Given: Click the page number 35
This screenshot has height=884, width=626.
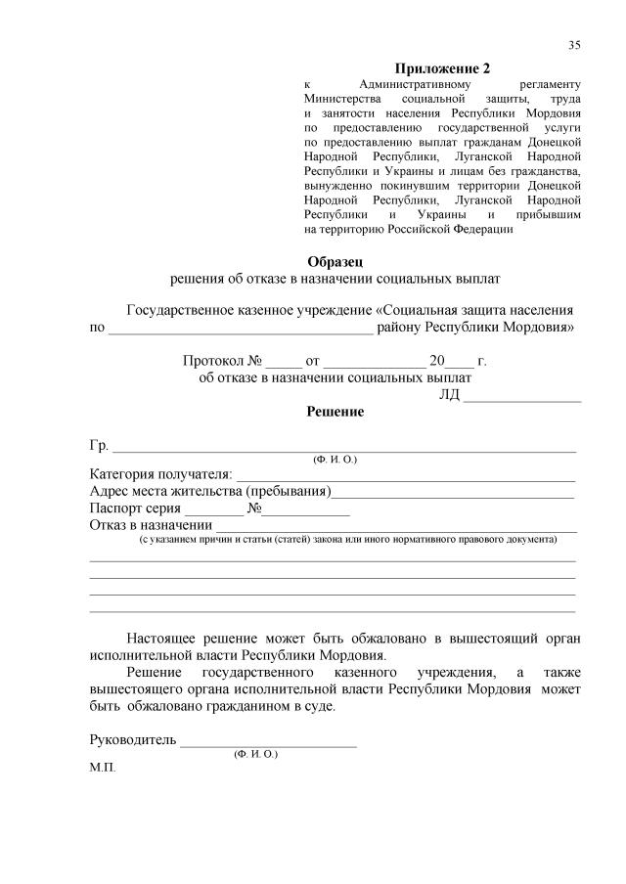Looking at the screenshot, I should coord(574,45).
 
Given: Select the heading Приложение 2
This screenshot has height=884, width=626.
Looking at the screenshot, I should coord(441,68).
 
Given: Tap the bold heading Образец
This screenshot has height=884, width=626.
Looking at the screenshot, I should coord(335,261).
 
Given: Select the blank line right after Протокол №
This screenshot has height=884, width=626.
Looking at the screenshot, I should coord(284,362).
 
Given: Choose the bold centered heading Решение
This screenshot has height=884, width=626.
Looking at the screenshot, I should coord(335,412).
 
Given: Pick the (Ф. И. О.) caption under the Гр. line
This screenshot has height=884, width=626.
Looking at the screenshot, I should coord(335,460).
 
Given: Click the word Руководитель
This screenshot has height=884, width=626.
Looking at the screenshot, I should coord(132,739).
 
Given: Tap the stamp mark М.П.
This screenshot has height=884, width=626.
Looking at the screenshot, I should coord(102,769).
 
